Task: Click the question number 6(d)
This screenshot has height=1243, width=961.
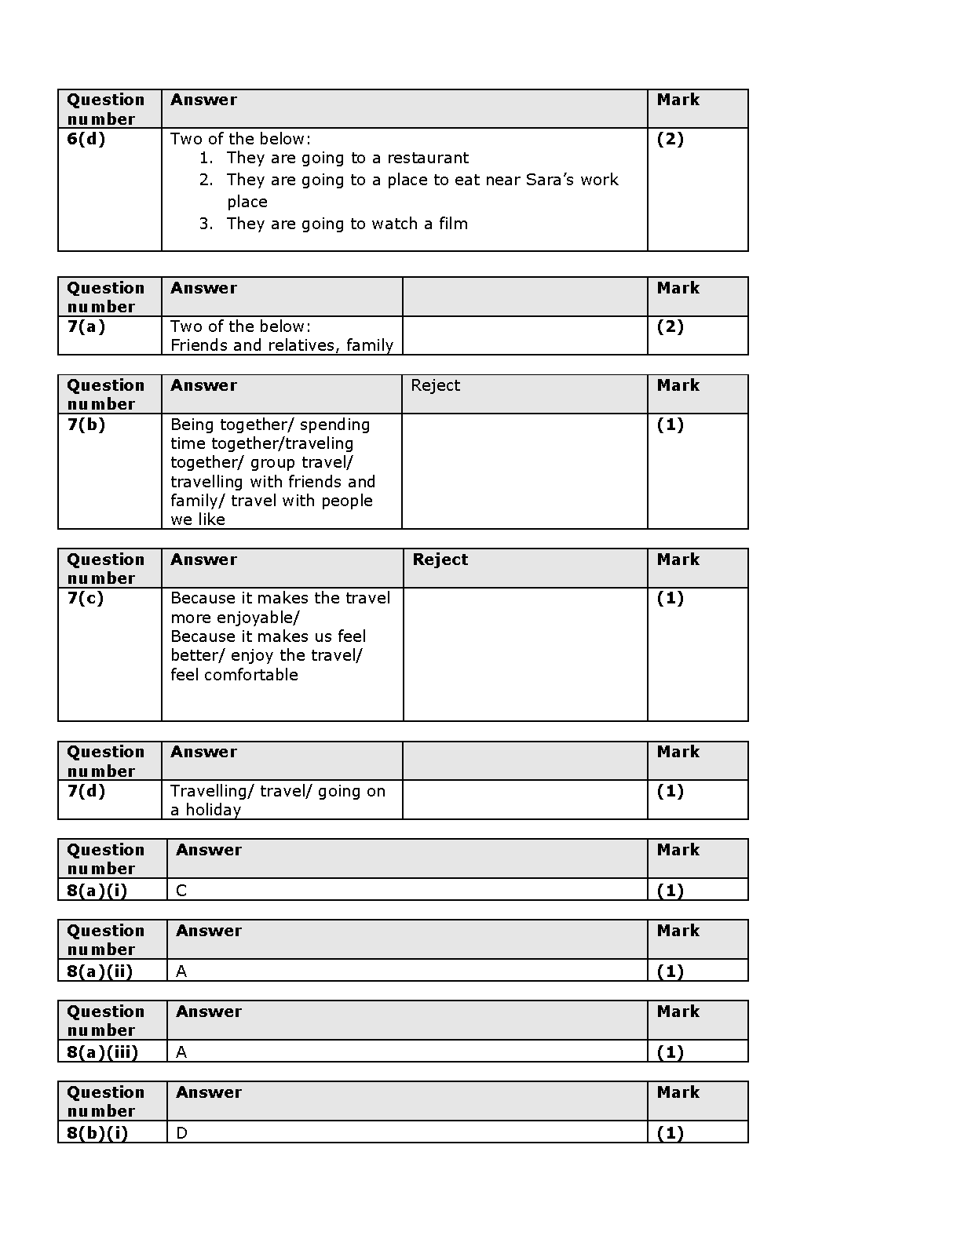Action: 86,140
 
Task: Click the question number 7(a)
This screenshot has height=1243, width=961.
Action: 86,327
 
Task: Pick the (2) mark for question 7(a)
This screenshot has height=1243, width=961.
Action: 670,327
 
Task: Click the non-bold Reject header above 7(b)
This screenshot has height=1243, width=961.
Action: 435,386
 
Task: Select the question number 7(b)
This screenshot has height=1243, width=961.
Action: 86,425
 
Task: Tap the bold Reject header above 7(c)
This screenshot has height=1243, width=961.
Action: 440,560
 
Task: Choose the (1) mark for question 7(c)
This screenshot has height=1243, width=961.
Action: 670,599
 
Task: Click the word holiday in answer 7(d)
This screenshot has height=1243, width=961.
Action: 213,811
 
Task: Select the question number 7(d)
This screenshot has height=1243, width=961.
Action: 86,792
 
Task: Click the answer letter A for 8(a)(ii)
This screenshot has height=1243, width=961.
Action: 181,972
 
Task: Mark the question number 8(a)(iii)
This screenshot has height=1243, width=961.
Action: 102,1053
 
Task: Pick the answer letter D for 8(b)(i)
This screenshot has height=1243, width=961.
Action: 181,1134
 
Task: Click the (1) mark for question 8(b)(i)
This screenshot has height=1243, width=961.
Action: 670,1134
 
